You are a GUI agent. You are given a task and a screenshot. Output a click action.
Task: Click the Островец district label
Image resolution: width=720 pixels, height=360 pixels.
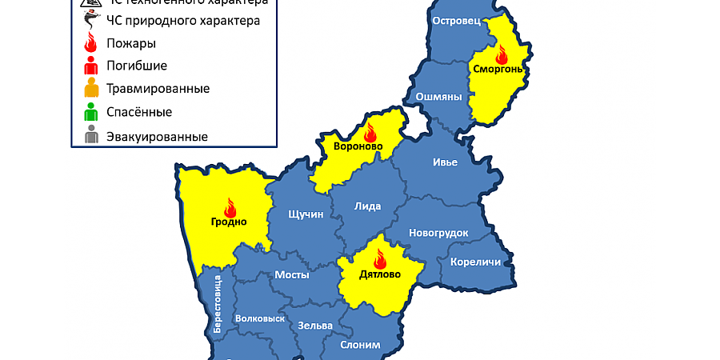tap(455, 22)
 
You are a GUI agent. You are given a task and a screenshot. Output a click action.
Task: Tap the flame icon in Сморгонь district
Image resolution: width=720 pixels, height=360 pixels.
tap(502, 54)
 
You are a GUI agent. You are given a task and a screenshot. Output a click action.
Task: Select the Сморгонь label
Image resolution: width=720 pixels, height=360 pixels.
tap(498, 70)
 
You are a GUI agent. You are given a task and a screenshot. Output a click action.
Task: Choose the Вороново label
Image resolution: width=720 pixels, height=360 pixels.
tap(358, 146)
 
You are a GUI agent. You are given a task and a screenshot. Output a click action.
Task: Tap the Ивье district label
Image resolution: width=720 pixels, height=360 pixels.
tap(445, 162)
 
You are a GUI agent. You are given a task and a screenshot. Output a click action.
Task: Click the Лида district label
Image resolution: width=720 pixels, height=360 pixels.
tap(367, 206)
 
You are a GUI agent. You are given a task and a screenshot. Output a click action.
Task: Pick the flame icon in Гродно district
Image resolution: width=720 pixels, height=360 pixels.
tap(230, 207)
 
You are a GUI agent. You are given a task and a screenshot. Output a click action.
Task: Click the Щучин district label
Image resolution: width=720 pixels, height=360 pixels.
tap(305, 214)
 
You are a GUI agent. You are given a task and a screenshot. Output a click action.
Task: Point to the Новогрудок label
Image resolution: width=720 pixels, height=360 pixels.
tap(438, 233)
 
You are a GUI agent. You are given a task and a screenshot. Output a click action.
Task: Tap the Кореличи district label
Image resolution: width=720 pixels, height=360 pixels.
tap(475, 262)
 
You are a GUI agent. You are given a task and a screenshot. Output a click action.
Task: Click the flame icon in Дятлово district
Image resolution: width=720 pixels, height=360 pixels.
tap(380, 258)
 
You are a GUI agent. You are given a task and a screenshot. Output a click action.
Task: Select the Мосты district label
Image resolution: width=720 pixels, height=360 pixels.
tap(292, 274)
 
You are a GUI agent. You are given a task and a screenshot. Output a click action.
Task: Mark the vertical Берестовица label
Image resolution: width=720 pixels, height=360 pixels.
tap(217, 304)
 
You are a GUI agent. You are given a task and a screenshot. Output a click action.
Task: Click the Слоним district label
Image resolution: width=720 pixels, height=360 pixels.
tap(360, 345)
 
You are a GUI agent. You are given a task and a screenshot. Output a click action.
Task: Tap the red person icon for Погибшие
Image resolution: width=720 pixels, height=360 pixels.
tap(91, 66)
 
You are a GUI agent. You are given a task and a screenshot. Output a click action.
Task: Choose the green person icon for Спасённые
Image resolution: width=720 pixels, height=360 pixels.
tap(91, 113)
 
